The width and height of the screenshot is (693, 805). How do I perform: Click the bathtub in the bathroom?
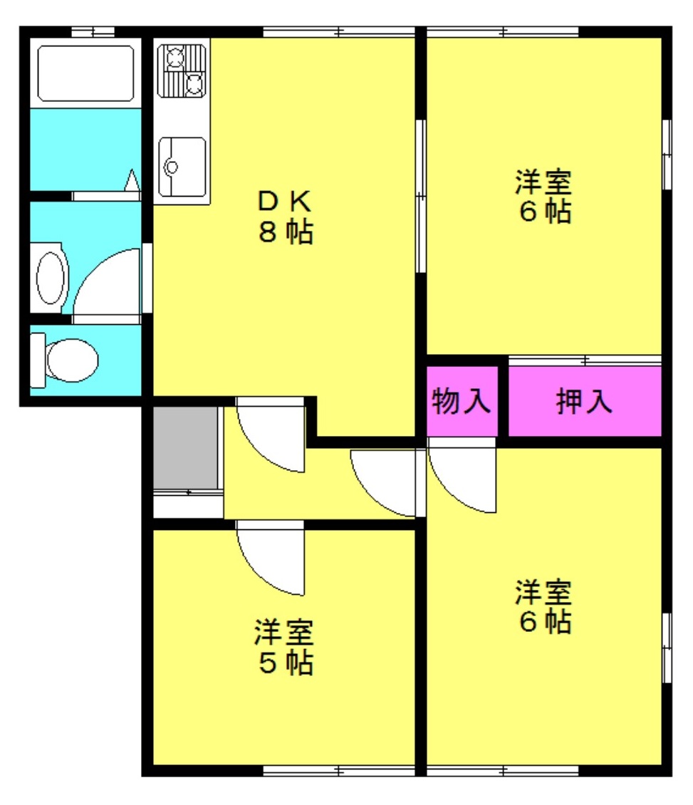(x=85, y=73)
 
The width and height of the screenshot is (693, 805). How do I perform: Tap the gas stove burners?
(x=182, y=71)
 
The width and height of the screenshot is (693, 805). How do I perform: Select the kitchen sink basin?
(x=182, y=167)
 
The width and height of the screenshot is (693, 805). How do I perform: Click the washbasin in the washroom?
(x=51, y=278)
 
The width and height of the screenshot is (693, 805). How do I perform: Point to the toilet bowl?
(x=72, y=360)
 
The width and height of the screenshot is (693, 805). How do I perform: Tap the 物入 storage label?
(x=461, y=401)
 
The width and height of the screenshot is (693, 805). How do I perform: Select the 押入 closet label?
(x=584, y=401)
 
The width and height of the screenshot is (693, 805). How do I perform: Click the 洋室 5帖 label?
(x=284, y=647)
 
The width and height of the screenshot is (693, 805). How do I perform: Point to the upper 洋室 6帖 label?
(x=544, y=196)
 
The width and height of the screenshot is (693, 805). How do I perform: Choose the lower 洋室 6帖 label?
(x=544, y=606)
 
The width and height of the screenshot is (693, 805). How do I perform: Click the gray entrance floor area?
(x=185, y=447)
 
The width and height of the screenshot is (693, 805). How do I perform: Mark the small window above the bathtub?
(x=93, y=32)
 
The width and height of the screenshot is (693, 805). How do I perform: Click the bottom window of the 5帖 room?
(x=339, y=771)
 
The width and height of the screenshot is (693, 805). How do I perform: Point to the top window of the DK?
(x=339, y=32)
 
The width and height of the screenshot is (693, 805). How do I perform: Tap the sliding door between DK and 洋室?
(x=420, y=196)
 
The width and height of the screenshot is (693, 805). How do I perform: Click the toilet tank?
(x=38, y=360)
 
